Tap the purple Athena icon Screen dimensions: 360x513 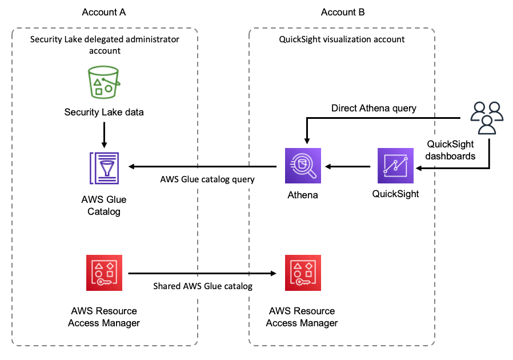point(302,166)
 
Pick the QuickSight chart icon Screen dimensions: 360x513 point(395,166)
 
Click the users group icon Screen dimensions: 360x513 point(486,118)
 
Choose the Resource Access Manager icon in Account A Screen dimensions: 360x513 point(103,273)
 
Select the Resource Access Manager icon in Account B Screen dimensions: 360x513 point(302,273)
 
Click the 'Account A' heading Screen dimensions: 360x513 point(104,12)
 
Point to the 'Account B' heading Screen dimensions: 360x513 point(343,12)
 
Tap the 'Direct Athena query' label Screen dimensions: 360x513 point(374,108)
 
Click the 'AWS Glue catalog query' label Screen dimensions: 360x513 point(207,179)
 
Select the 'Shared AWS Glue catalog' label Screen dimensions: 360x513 point(203,286)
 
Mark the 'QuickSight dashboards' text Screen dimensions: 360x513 point(451,150)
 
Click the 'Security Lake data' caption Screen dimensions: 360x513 point(104,112)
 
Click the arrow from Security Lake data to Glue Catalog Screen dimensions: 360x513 point(104,134)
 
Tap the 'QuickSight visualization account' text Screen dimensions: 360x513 point(342,39)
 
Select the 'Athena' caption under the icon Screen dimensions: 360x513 point(302,195)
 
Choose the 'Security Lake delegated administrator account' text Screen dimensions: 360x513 point(105,45)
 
